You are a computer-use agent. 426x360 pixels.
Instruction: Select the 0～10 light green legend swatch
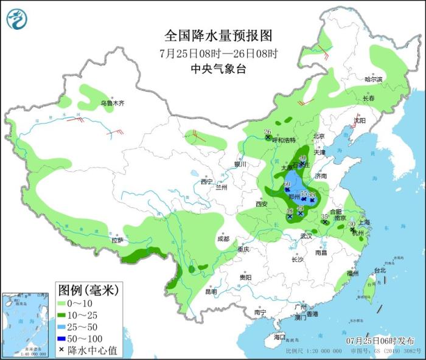[64, 302]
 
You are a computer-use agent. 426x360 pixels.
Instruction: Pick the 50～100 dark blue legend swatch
[64, 338]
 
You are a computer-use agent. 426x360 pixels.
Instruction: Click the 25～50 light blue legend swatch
[64, 326]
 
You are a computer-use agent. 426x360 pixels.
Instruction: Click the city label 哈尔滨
[373, 80]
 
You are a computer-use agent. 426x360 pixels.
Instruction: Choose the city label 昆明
[211, 291]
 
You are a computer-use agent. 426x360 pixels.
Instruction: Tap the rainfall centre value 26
[267, 132]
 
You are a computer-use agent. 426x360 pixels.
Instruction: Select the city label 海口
[279, 336]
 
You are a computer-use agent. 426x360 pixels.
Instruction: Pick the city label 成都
[223, 239]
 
